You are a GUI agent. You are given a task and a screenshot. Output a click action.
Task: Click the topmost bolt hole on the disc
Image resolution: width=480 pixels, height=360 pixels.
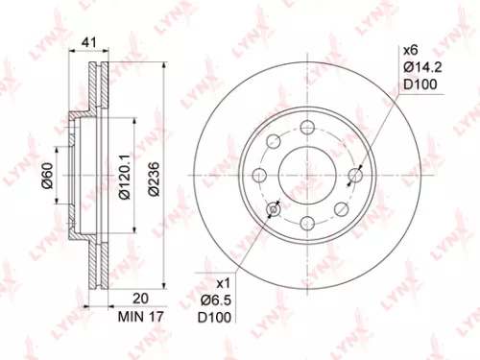[307, 130]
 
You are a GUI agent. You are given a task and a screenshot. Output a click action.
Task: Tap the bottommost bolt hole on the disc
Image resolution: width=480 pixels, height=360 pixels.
[307, 223]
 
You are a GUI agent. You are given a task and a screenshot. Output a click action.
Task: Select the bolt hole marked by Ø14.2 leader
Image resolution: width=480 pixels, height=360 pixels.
[357, 175]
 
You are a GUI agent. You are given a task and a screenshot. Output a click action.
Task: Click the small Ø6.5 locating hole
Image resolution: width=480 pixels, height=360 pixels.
[275, 209]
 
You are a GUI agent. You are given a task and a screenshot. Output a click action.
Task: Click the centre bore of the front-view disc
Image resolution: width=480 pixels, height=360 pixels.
[307, 176]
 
